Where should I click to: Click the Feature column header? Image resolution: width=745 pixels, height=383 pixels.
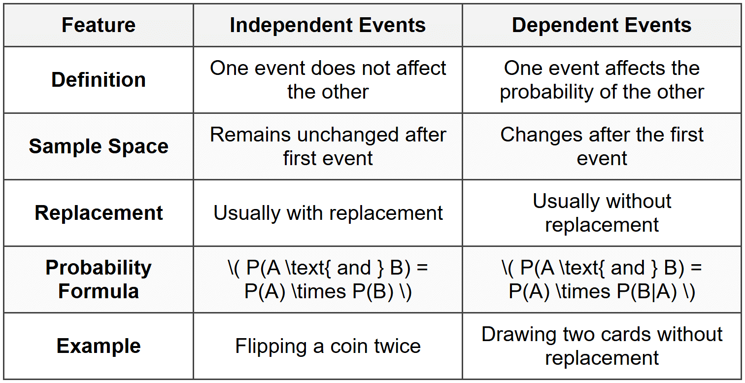pos(99,25)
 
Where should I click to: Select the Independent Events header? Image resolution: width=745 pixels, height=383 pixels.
pos(328,25)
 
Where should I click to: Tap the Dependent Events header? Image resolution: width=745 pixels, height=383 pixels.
pos(602,25)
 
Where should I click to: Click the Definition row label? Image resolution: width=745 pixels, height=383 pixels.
pos(99,80)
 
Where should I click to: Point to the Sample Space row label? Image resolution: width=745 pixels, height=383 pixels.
pos(99,146)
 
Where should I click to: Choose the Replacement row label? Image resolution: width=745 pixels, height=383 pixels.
pos(99,213)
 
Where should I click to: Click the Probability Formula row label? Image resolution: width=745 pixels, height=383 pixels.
pos(99,279)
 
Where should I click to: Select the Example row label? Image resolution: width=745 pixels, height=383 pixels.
pos(99,346)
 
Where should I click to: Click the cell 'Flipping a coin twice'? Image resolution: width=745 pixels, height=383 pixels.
pos(328,346)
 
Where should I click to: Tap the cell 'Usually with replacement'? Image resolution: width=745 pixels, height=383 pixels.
pos(328,213)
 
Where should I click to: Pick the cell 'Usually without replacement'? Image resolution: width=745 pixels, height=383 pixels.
pos(602,213)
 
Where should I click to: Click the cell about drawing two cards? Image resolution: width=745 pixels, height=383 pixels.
pos(602,346)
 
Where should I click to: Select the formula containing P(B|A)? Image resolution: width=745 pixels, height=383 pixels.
pos(602,279)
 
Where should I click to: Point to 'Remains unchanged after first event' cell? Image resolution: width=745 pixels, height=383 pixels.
pos(328,146)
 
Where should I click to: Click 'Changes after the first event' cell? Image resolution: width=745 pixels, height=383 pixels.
pos(602,146)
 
